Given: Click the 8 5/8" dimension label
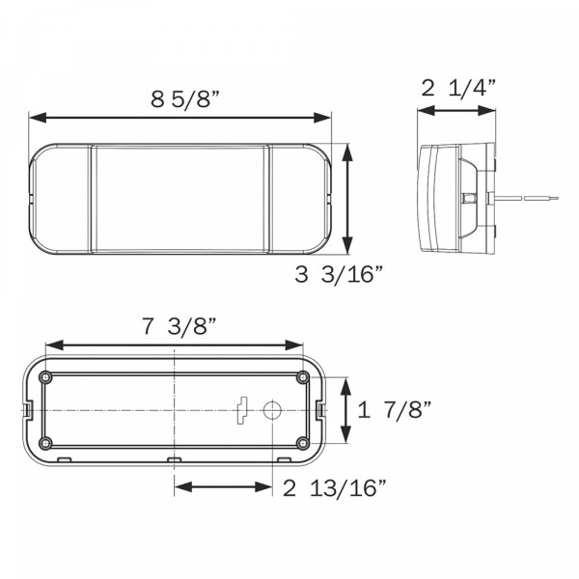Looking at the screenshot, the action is click(185, 99).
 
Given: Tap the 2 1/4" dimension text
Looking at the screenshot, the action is click(458, 88).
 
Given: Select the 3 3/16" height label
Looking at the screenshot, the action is click(339, 274).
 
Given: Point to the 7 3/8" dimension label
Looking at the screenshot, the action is click(179, 326).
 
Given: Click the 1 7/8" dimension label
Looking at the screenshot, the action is click(395, 410).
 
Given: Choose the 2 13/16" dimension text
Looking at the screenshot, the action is click(335, 487).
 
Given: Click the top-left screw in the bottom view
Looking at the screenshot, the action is click(45, 377).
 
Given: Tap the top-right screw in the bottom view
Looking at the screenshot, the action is click(303, 377).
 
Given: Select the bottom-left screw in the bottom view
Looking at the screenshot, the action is click(45, 442).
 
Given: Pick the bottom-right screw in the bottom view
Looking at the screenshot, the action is click(303, 442).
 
